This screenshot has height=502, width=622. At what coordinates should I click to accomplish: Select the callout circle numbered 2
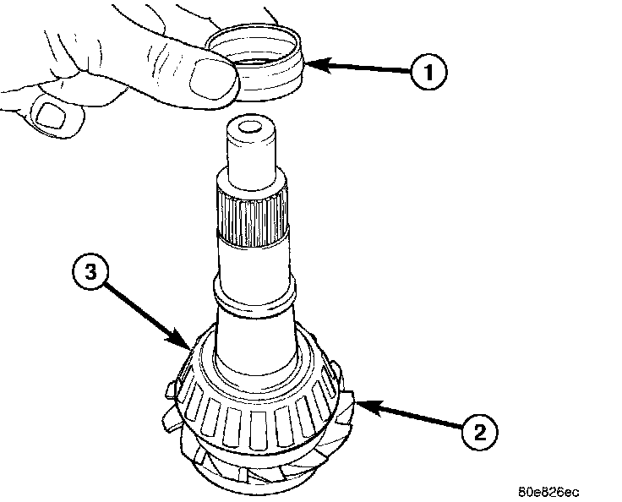(x=478, y=433)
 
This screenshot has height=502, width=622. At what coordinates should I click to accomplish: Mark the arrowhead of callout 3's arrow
(x=189, y=346)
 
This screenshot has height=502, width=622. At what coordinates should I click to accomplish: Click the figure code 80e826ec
(x=550, y=489)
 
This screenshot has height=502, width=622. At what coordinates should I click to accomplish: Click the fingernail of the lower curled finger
(x=52, y=113)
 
